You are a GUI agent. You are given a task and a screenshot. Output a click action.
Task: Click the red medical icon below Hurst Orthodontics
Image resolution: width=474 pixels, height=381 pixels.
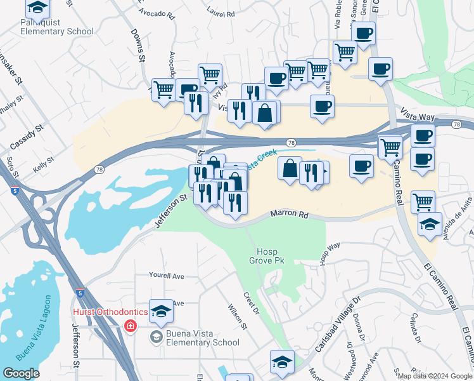[x=131, y=326]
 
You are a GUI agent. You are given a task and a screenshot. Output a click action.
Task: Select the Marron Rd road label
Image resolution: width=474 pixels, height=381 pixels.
[x=290, y=215]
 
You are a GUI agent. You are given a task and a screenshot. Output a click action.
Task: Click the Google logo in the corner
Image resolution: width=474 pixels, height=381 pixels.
[x=21, y=373]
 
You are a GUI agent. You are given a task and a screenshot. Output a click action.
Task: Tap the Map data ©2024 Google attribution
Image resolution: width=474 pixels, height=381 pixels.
[x=434, y=376]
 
